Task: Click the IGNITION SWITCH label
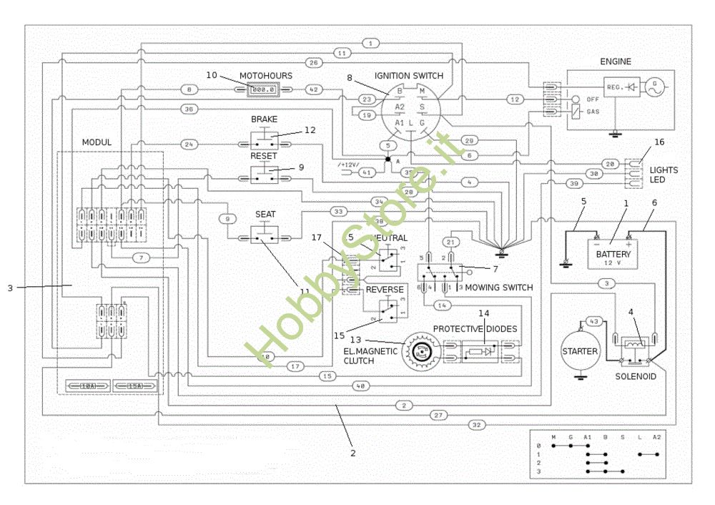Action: [x=408, y=76]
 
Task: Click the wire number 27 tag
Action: [x=439, y=415]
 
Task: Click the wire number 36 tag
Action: [x=189, y=109]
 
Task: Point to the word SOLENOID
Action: [x=636, y=376]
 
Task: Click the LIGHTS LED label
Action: [x=664, y=175]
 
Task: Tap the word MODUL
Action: [x=97, y=142]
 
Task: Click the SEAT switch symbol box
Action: [x=264, y=234]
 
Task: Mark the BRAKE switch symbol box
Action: [x=264, y=137]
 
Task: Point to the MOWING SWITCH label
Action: [x=499, y=288]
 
